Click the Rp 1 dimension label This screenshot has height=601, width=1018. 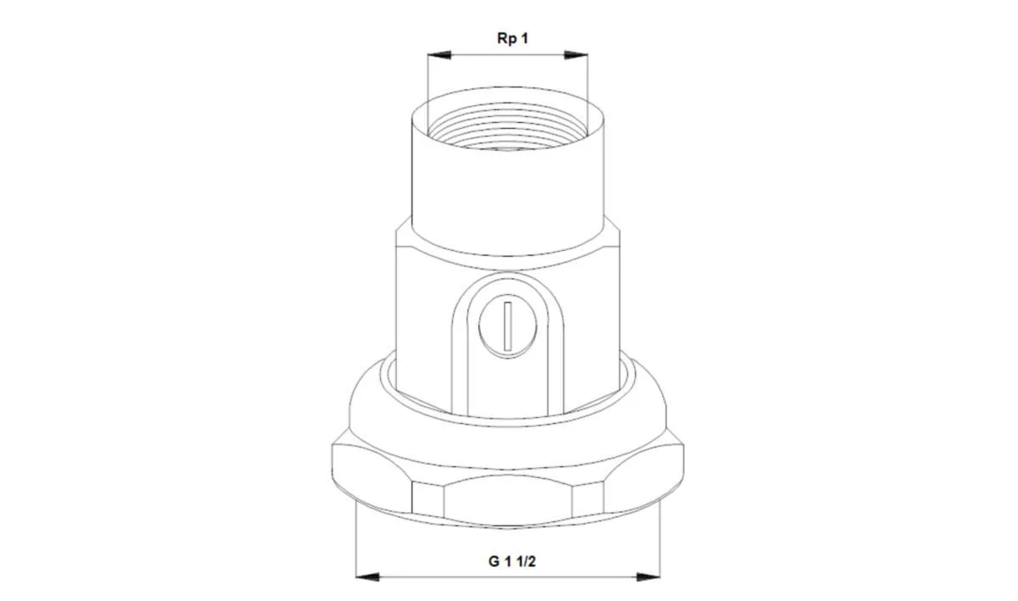512,39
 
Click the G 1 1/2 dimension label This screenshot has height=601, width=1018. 512,561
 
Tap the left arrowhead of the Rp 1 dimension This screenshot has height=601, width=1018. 439,55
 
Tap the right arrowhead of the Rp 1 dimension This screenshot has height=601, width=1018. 576,55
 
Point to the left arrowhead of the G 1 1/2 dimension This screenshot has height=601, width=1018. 367,577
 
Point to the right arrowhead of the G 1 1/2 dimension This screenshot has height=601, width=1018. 648,577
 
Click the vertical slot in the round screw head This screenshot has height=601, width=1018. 507,326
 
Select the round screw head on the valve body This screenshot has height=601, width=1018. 507,326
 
